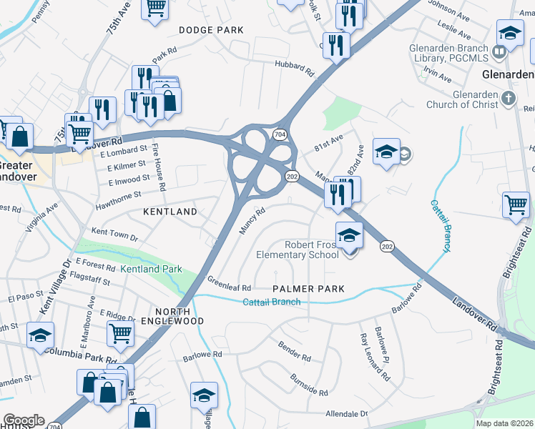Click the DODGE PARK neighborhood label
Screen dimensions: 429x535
pos(211,30)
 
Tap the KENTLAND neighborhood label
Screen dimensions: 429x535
pos(170,212)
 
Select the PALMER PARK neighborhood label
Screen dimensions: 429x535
pos(309,289)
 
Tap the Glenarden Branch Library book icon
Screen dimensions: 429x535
pos(499,51)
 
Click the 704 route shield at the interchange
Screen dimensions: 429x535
pos(280,134)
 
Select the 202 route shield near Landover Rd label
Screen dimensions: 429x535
pos(387,247)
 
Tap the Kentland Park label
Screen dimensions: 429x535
pos(151,270)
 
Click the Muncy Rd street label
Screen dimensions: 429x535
pos(252,220)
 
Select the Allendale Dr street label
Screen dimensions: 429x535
pos(346,414)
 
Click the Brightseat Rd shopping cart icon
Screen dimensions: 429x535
pos(515,204)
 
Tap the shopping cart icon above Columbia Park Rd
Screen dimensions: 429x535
pos(120,332)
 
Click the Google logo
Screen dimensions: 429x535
pos(24,420)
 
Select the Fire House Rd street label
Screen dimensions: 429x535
pos(158,169)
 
